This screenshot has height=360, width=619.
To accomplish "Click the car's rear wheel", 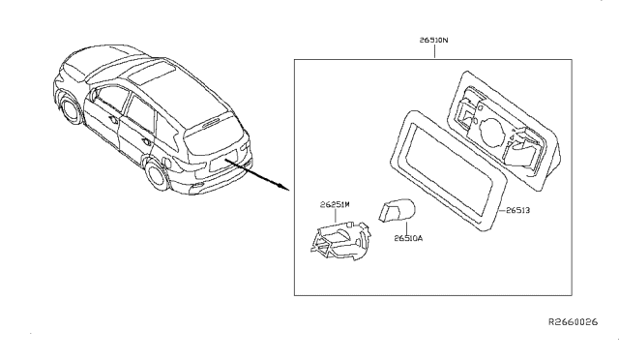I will pos(157,177).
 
